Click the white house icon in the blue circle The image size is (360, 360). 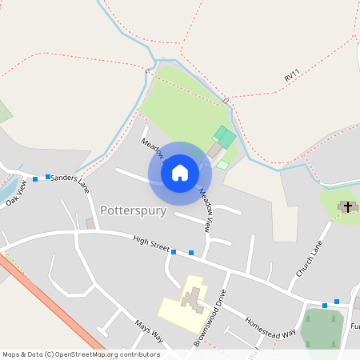(x=180, y=172)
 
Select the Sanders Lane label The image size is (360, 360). (x=70, y=182)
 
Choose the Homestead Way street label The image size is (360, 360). (x=270, y=325)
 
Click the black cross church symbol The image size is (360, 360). (x=347, y=206)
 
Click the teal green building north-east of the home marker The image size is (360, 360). (x=225, y=137)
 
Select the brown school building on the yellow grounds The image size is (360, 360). (x=192, y=300)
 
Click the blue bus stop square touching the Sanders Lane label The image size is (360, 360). (x=48, y=176)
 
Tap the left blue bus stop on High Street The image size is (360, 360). (x=174, y=252)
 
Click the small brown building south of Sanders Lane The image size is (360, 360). (x=90, y=223)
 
